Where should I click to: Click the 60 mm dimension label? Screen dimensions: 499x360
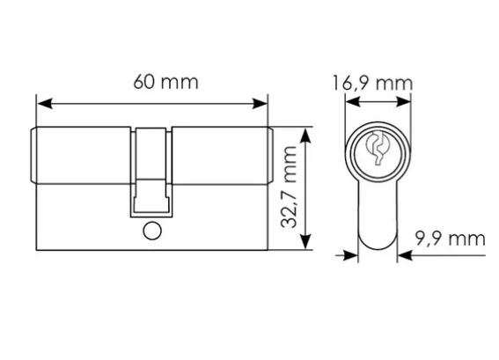(x=165, y=82)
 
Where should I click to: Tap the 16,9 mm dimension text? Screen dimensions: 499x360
(x=372, y=84)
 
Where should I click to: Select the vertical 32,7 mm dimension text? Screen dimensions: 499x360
(x=289, y=187)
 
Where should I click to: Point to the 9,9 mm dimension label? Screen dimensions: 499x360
(x=450, y=239)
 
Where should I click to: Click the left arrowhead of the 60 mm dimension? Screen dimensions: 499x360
(x=45, y=104)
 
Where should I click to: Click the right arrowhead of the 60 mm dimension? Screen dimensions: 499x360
(x=260, y=104)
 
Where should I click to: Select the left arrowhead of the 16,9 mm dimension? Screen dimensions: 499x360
(x=353, y=102)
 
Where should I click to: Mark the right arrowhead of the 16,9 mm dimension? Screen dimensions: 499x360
(x=404, y=102)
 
